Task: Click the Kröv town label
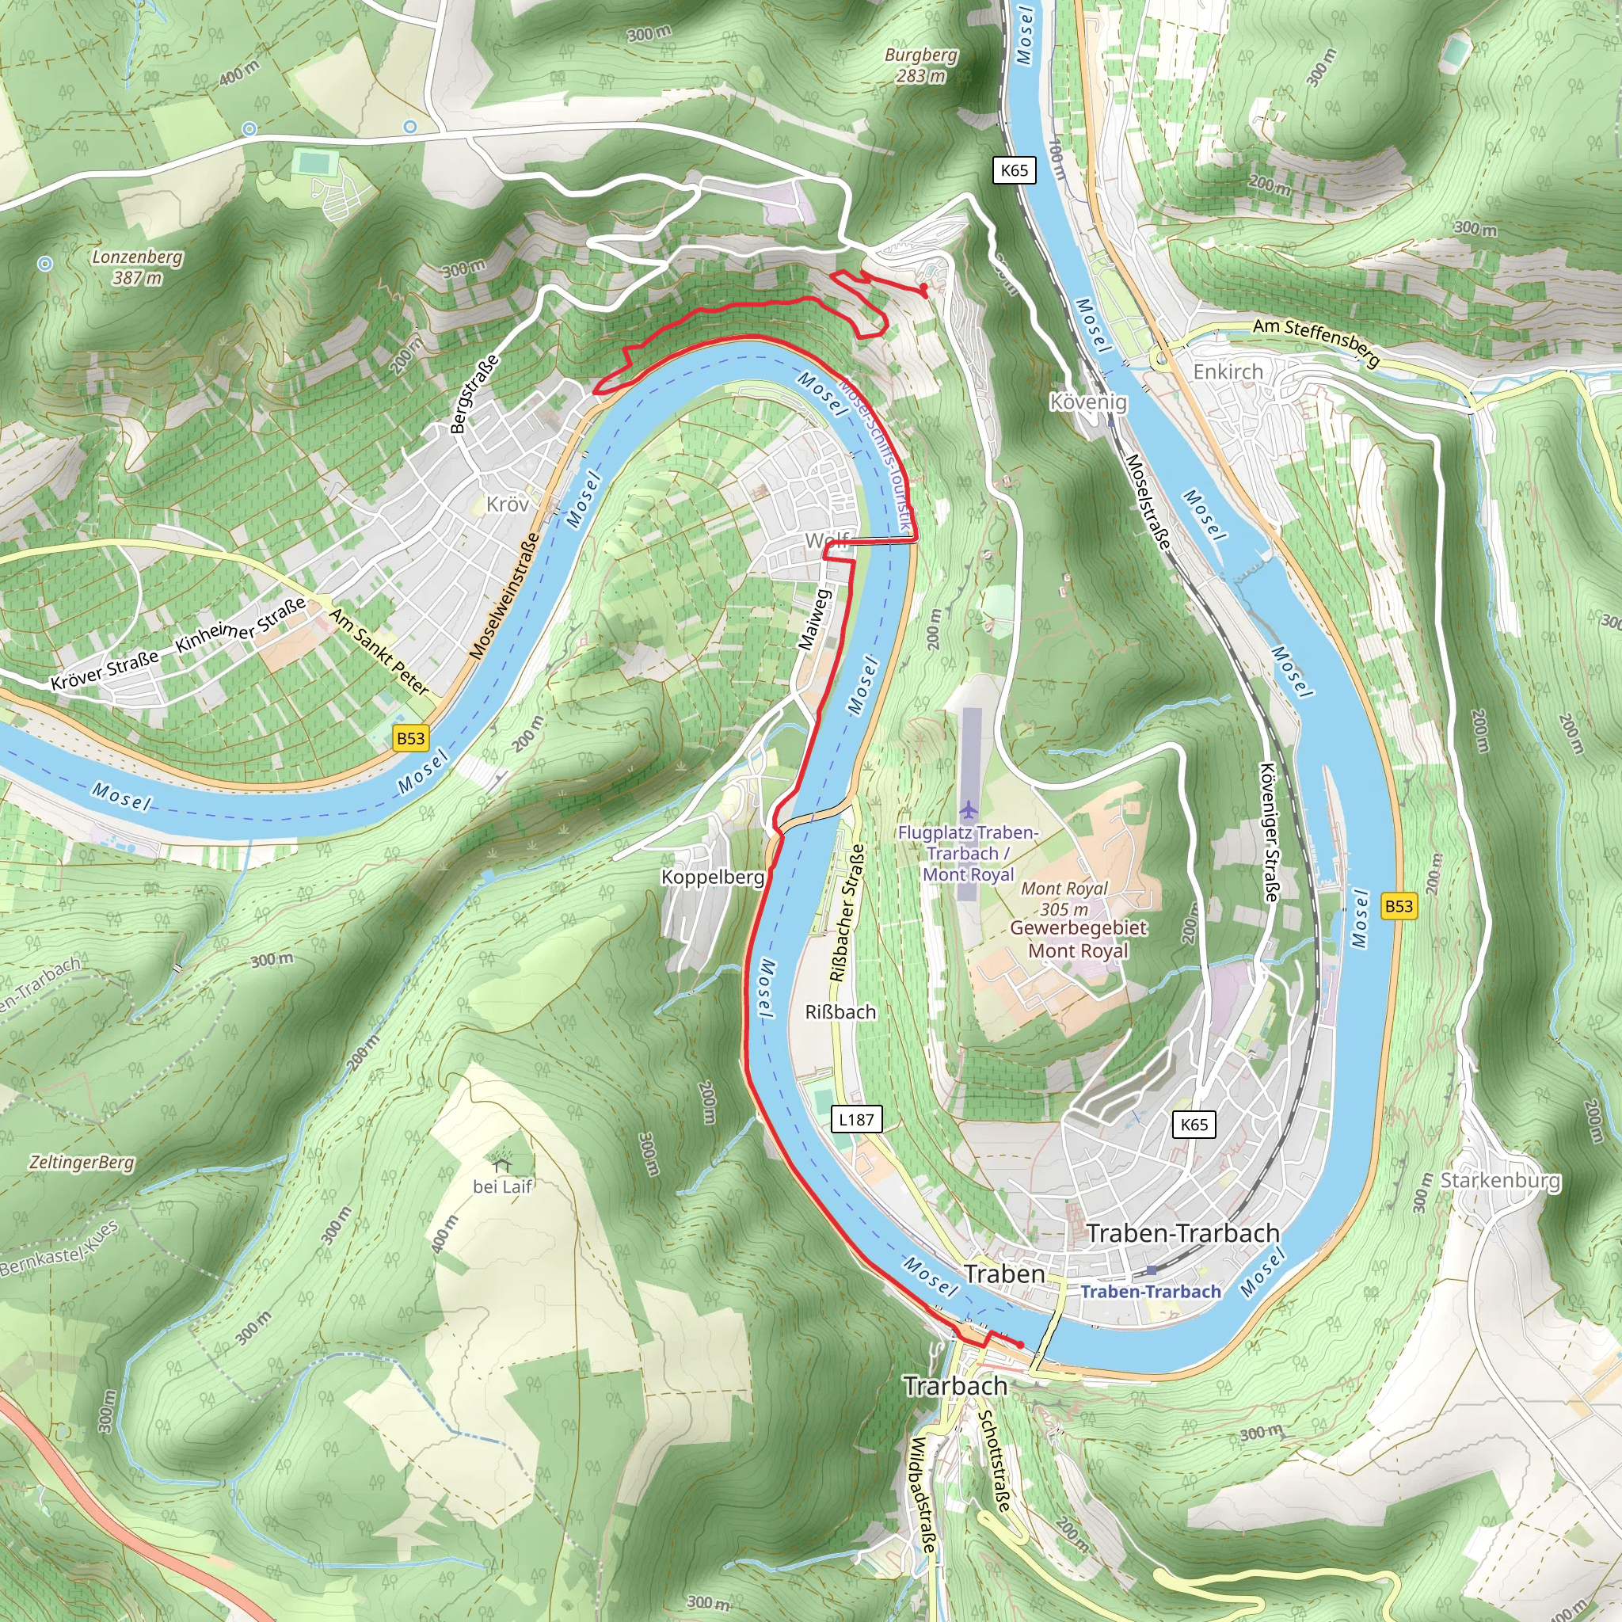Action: click(508, 504)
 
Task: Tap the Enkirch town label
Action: click(1228, 371)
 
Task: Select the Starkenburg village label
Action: click(1500, 1180)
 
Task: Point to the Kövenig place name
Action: click(1088, 402)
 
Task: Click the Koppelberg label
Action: click(713, 878)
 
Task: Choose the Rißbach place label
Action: click(840, 1012)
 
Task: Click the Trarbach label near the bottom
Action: click(955, 1386)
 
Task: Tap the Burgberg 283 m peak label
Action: click(921, 65)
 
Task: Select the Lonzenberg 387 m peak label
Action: click(138, 267)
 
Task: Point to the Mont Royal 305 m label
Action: click(1064, 898)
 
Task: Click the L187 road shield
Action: click(856, 1119)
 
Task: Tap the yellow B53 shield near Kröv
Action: click(410, 738)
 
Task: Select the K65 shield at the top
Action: click(1015, 170)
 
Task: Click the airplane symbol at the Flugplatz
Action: click(969, 809)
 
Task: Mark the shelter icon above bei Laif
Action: click(503, 1164)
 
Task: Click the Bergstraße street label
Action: click(474, 394)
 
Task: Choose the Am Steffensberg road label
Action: click(1315, 342)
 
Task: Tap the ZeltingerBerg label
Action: click(82, 1163)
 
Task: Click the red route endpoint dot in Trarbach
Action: click(1020, 1345)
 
